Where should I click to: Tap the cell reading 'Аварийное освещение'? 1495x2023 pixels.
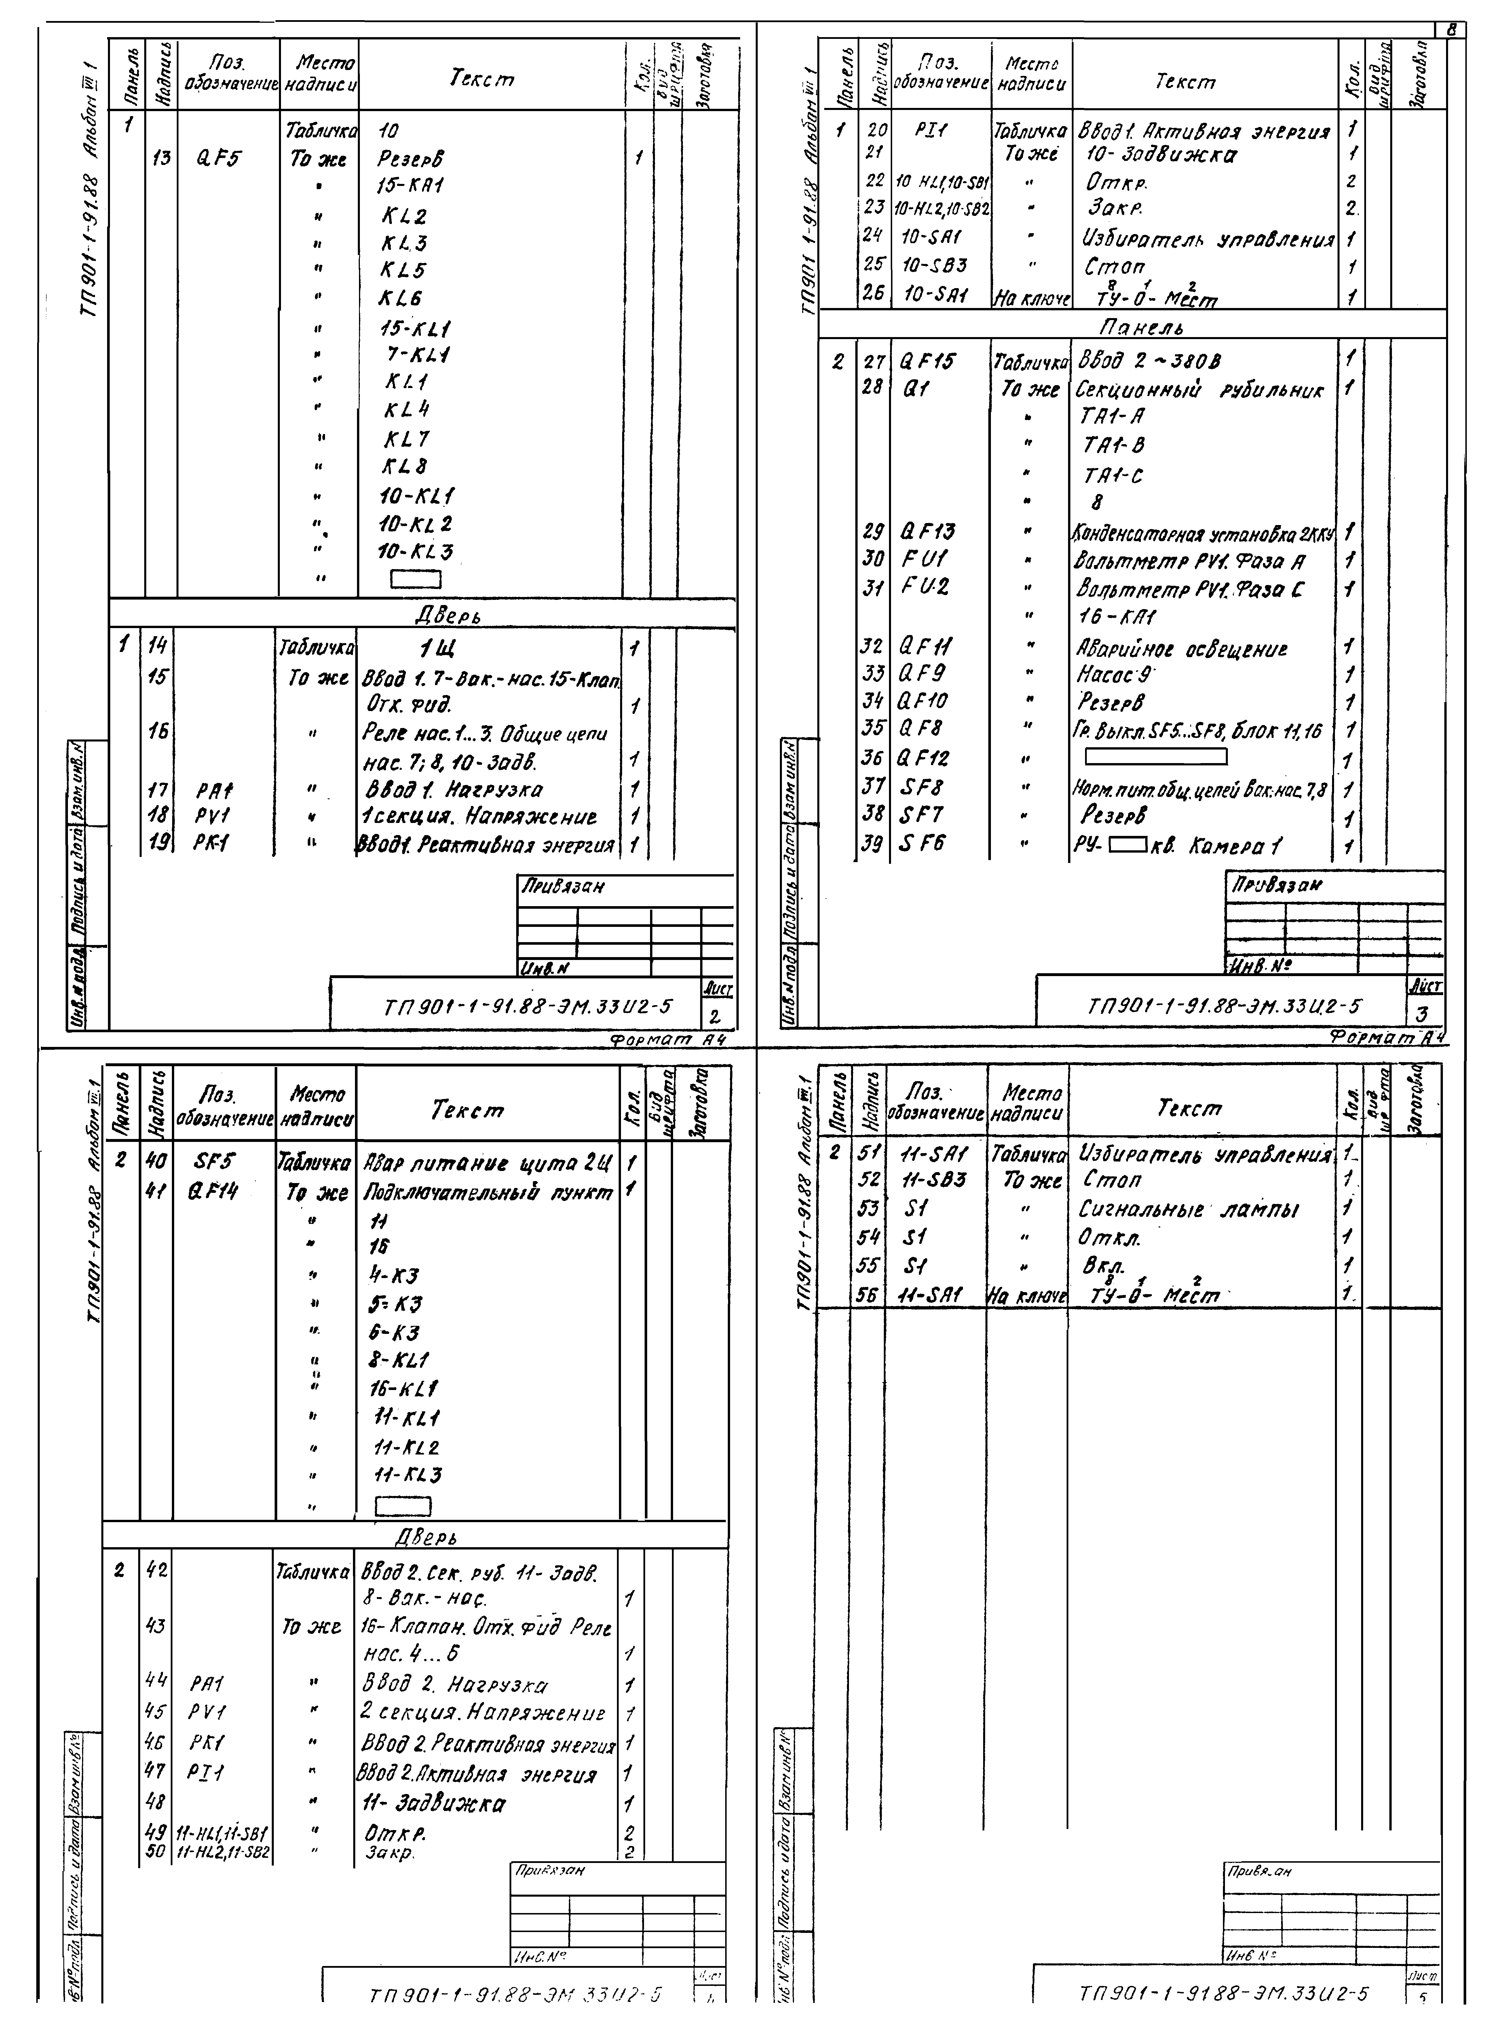point(1182,649)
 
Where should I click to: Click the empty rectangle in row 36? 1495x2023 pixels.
point(1156,756)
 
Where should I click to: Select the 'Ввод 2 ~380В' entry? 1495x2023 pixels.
point(1149,362)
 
